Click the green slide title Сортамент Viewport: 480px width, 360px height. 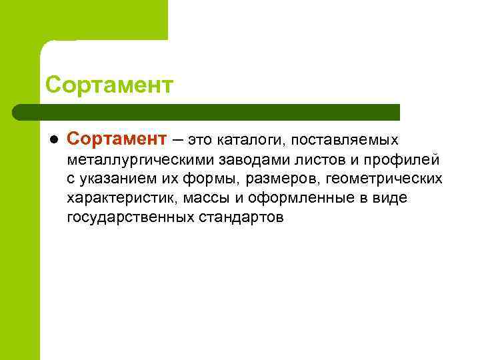coord(110,85)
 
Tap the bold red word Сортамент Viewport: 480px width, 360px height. coord(115,139)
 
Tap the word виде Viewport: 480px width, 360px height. coord(392,198)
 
